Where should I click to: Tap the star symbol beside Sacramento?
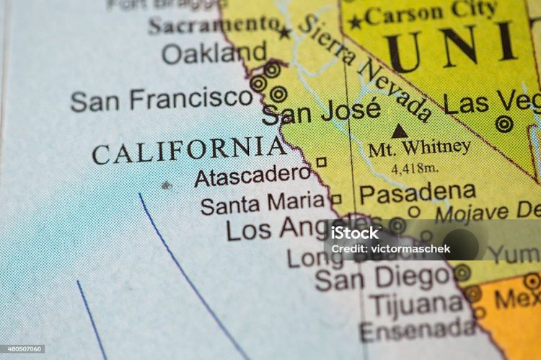tap(285, 32)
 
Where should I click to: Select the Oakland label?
tap(214, 53)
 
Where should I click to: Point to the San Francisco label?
tap(162, 100)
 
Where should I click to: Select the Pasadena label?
tap(418, 192)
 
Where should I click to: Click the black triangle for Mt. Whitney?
tap(399, 131)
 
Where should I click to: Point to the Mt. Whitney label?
tap(419, 149)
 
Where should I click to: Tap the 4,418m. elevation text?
tap(415, 168)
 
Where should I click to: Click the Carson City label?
tap(431, 12)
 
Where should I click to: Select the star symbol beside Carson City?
tap(356, 22)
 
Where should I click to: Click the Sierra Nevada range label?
tap(364, 66)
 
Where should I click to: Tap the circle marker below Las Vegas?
tap(504, 124)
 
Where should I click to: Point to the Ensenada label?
tap(417, 330)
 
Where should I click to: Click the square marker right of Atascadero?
tap(321, 162)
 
